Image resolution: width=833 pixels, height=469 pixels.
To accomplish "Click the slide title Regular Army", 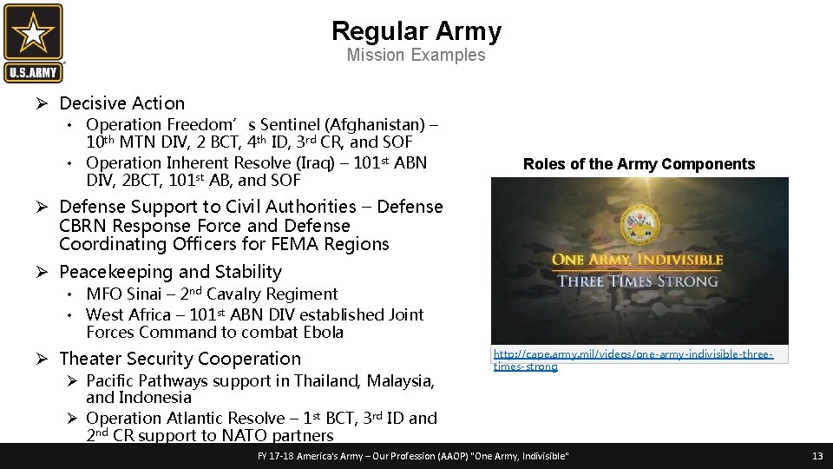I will tap(416, 31).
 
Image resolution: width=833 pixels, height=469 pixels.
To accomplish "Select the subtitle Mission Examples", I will tap(416, 56).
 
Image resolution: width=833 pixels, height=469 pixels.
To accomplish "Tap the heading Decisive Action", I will tap(121, 103).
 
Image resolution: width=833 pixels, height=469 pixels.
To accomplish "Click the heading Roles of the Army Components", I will tap(639, 164).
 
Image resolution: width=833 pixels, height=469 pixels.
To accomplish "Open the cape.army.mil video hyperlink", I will tap(633, 360).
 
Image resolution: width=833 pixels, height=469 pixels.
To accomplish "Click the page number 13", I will tap(817, 456).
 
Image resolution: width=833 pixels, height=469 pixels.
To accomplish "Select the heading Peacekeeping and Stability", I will tap(170, 272).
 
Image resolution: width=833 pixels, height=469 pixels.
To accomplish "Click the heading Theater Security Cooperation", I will tap(180, 359).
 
